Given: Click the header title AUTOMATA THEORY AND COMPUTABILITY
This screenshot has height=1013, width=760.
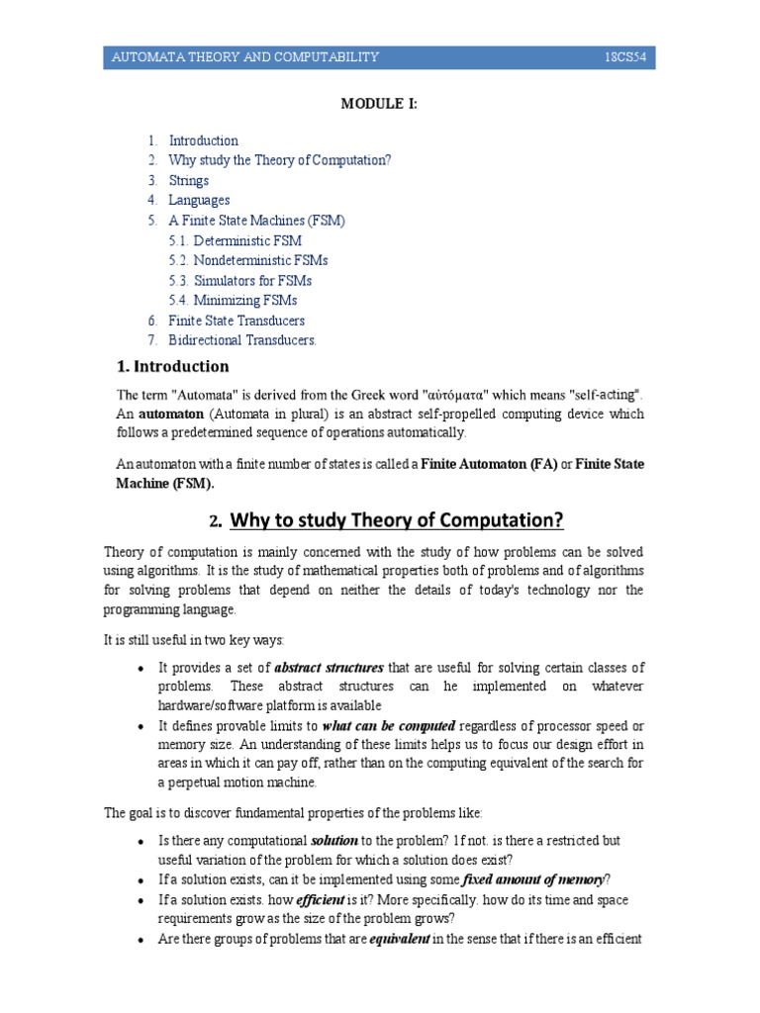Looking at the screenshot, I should point(245,58).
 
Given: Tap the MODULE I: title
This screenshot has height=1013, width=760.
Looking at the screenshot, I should point(379,104).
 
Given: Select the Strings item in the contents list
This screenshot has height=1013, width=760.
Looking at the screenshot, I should point(189,180).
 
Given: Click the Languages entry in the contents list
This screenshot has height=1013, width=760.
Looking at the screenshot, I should point(199,200).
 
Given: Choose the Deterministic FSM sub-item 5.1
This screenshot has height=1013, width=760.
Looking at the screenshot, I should point(247,240).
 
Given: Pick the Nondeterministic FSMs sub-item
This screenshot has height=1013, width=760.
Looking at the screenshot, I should point(260,260).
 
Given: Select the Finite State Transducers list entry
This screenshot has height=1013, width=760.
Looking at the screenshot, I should point(237,321).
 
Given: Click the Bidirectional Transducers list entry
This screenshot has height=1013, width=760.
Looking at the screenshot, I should point(242,340).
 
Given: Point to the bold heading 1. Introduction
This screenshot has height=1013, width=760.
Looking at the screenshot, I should point(173,367).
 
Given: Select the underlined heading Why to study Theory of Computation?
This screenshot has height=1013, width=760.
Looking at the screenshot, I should point(396,520).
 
